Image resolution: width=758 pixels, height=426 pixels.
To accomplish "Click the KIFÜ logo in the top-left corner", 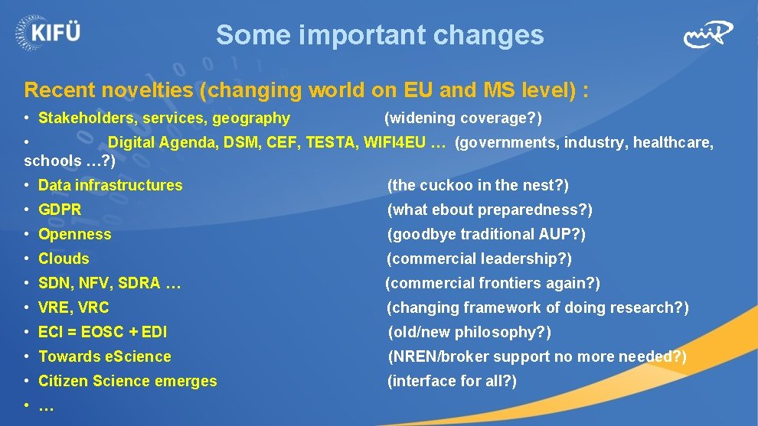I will [x=47, y=33].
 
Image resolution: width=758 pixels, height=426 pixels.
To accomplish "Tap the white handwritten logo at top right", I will [x=707, y=34].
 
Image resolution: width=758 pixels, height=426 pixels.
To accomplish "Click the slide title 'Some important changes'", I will [x=380, y=35].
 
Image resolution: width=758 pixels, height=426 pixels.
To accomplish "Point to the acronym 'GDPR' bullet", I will [x=60, y=210].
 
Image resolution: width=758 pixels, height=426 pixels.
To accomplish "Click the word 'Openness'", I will [x=74, y=234].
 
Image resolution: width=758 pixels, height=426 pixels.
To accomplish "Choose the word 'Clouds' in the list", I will [x=64, y=259].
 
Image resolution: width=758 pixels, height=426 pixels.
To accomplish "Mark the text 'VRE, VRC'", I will [x=74, y=307].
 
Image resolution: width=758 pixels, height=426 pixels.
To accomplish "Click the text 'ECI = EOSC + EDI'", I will [x=103, y=332].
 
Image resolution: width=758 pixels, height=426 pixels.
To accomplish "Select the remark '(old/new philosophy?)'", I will [x=469, y=332].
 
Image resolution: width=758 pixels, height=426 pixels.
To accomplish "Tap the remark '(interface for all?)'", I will [x=452, y=381].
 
